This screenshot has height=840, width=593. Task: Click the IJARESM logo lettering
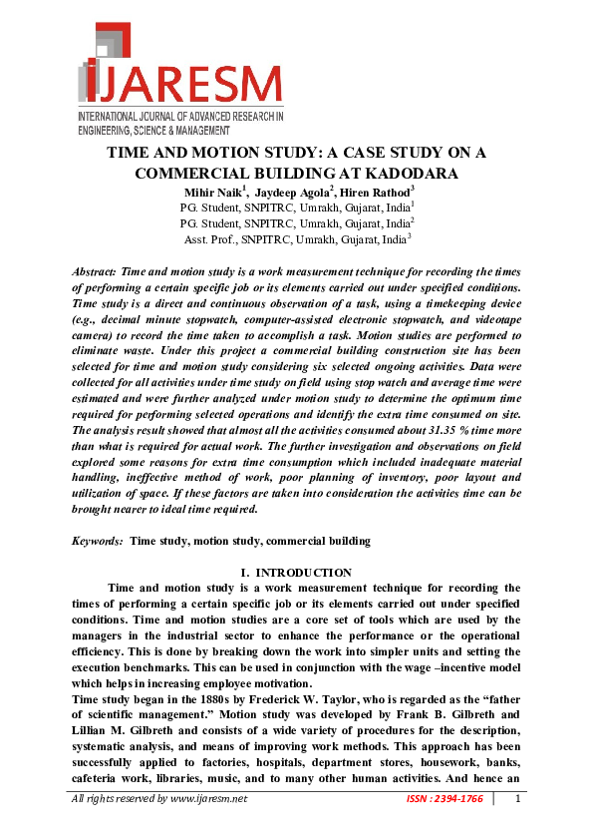pyautogui.click(x=184, y=86)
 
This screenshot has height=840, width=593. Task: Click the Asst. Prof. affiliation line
pyautogui.click(x=297, y=239)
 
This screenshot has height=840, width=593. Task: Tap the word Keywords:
pyautogui.click(x=99, y=541)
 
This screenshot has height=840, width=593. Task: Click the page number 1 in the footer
pyautogui.click(x=517, y=798)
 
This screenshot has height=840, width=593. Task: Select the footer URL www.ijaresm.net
pyautogui.click(x=209, y=799)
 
